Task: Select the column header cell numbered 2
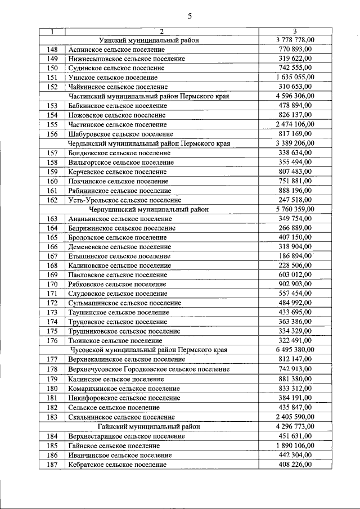click(161, 31)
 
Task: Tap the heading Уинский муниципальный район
click(149, 40)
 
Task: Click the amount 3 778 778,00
click(295, 40)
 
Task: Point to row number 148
click(52, 49)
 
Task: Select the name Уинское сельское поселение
click(112, 78)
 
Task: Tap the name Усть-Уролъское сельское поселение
click(124, 200)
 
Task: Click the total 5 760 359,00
click(295, 209)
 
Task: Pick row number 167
click(52, 256)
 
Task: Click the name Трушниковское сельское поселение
click(124, 332)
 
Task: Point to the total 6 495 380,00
click(295, 350)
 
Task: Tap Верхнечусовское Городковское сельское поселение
click(148, 370)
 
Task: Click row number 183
click(52, 417)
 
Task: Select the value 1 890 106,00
click(295, 445)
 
